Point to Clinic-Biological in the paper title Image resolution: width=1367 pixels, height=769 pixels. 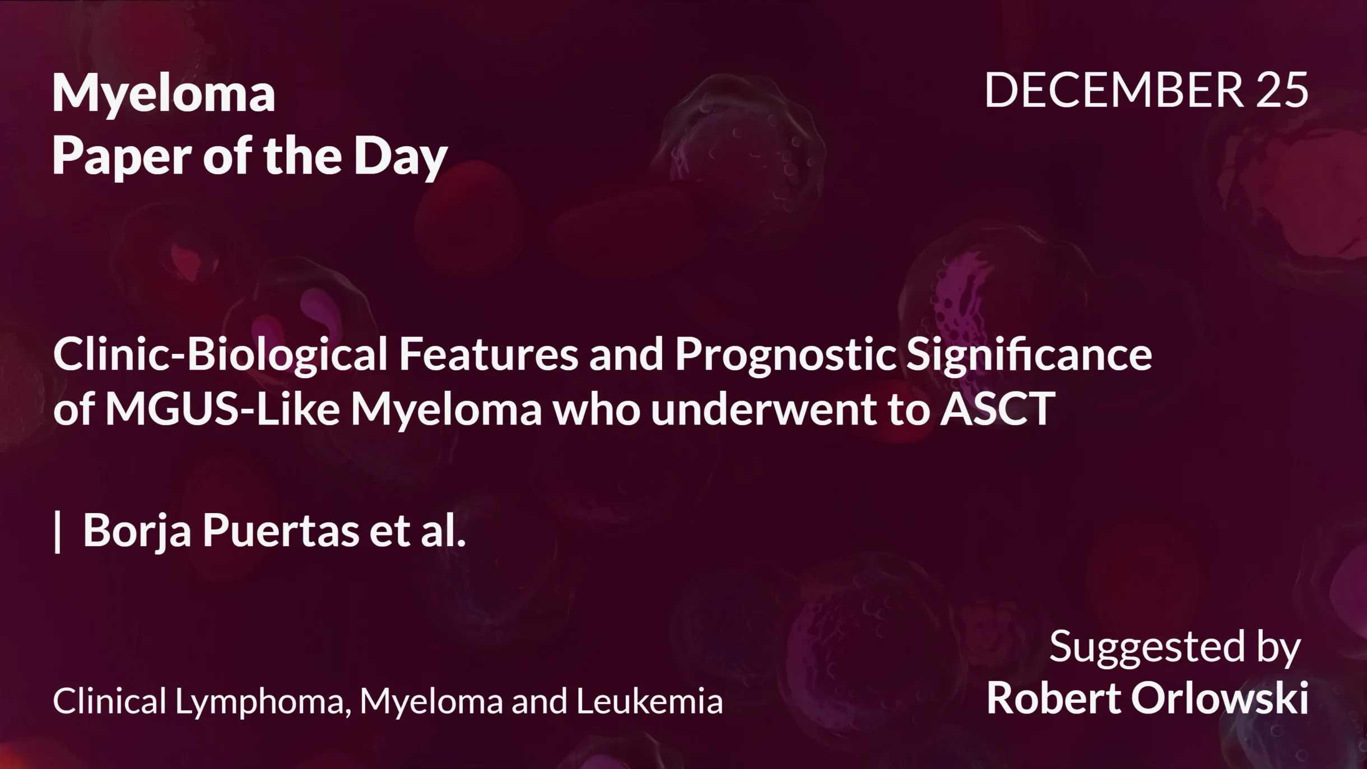(220, 355)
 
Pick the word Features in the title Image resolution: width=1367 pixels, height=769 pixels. (488, 355)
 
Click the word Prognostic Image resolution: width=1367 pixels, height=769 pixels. (785, 355)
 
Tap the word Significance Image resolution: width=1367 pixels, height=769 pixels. (1029, 355)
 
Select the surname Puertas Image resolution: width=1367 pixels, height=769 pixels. (281, 530)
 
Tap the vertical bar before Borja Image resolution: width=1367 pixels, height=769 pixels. (57, 530)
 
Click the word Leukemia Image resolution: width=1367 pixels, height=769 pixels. (650, 701)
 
